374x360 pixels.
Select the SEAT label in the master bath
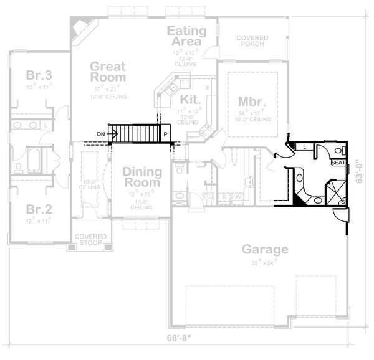[338, 163]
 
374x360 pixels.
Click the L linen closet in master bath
[304, 146]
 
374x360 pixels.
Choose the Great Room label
[108, 72]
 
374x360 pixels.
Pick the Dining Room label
[142, 177]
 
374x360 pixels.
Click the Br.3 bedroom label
[39, 75]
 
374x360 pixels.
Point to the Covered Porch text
[252, 42]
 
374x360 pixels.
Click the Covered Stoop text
[90, 240]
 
